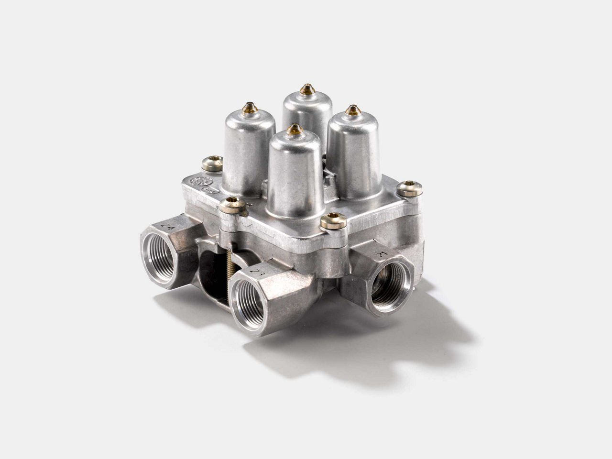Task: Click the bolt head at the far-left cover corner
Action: click(212, 163)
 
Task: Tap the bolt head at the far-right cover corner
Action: click(410, 188)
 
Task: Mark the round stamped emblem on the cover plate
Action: click(196, 181)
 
